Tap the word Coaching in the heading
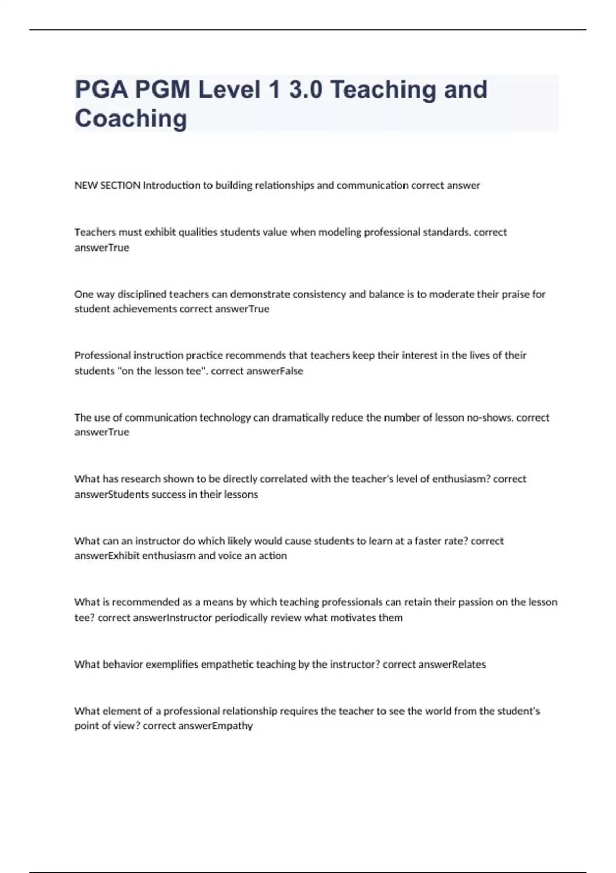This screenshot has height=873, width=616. pos(131,119)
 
